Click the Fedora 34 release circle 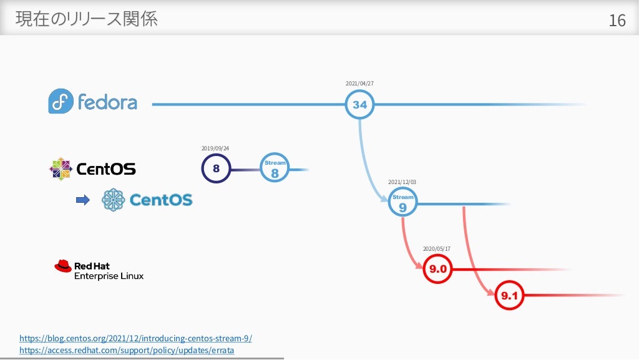[x=359, y=105]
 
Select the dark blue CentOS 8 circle [x=216, y=168]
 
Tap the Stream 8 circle [x=275, y=168]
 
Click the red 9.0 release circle [x=437, y=270]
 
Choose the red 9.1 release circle [x=510, y=296]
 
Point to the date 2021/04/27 [x=359, y=83]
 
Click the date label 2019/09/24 [x=216, y=148]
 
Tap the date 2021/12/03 [x=402, y=182]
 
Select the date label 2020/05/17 [x=437, y=249]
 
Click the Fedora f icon [x=61, y=101]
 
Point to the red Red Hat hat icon [x=63, y=266]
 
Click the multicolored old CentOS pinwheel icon [x=61, y=168]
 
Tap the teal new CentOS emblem [x=113, y=200]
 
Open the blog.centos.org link [x=135, y=338]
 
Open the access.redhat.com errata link [x=127, y=351]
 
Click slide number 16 [x=617, y=21]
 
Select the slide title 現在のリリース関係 [x=87, y=19]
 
